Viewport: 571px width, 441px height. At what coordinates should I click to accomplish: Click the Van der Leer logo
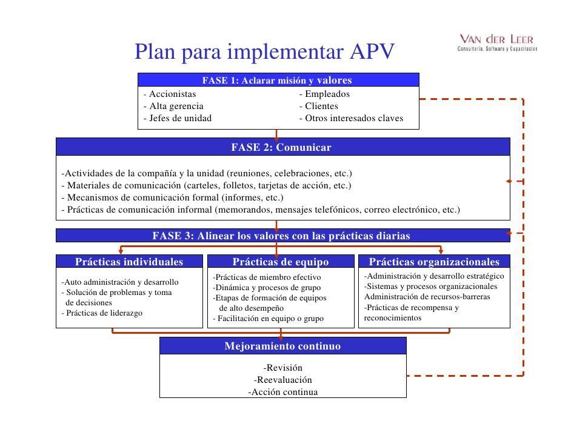coord(497,42)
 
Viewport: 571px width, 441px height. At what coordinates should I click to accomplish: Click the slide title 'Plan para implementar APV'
coord(264,51)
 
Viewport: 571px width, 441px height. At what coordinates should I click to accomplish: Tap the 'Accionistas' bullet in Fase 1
coord(170,94)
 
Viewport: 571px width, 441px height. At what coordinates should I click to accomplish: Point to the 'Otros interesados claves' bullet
coord(352,118)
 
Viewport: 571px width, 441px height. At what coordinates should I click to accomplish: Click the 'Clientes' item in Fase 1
coord(319,106)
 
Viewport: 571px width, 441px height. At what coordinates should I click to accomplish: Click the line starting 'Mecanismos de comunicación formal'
coord(173,197)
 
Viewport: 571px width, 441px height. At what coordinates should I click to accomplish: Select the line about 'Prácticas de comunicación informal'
coord(261,210)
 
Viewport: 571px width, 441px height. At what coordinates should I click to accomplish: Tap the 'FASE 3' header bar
coord(283,236)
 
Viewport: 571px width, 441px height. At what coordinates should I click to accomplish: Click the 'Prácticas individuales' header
coord(129,262)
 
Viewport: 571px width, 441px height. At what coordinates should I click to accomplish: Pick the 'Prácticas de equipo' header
coord(281,262)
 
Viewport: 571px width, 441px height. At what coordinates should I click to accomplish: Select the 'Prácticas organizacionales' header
coord(434,262)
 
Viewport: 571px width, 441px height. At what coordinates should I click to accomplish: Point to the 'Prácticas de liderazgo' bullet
coord(102,313)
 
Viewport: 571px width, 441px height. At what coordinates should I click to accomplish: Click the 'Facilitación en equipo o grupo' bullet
coord(269,319)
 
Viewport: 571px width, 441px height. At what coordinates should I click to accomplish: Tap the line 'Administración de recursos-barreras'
coord(427,297)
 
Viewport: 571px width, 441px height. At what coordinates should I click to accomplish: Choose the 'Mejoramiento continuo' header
coord(283,346)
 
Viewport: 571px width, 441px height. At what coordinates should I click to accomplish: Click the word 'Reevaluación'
coord(283,380)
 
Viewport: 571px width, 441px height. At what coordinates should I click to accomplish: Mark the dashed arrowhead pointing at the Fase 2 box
coord(509,181)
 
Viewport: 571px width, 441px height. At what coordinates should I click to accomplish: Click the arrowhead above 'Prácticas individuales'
coord(121,251)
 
